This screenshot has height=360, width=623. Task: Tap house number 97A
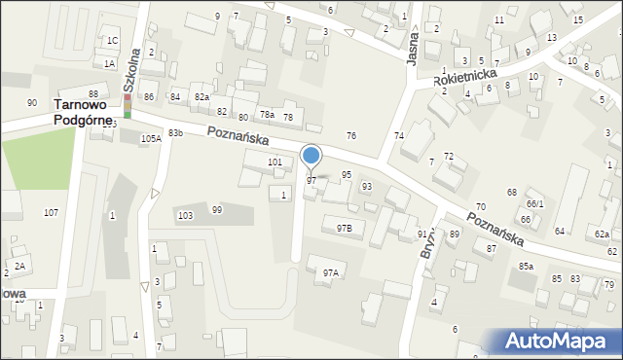point(331,272)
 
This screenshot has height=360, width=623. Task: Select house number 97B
point(344,227)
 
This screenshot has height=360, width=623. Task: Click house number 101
point(275,162)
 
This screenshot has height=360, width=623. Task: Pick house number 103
point(184,214)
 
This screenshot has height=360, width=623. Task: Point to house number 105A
point(150,139)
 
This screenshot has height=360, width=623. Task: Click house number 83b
point(175,132)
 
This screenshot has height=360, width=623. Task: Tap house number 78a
point(266,115)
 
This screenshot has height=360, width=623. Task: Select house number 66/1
point(534,203)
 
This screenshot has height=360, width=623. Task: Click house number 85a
point(526,266)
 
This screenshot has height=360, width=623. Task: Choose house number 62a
point(603,235)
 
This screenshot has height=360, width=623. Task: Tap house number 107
point(51,212)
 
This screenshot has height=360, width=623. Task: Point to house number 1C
point(112,40)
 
